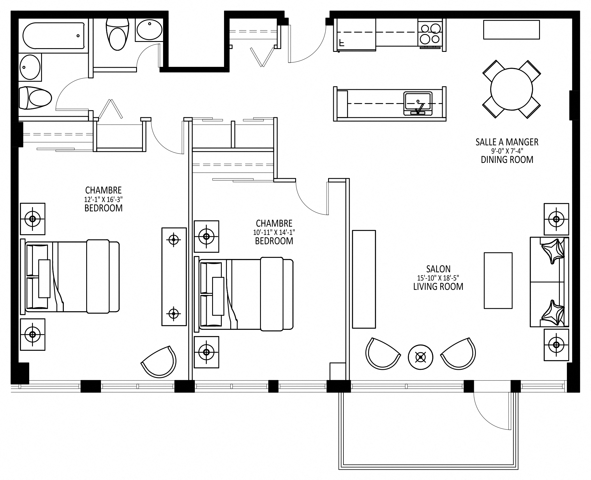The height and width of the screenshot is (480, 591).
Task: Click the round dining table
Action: point(511,89)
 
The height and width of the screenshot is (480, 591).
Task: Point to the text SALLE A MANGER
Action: point(507,142)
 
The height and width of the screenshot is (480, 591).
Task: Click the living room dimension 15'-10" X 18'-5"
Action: point(438,278)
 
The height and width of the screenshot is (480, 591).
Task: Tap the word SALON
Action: point(438,269)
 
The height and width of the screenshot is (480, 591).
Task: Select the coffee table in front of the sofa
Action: point(498,280)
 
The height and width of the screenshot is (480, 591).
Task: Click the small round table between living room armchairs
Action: point(420,357)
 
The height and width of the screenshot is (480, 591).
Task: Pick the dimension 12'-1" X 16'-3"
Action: point(103,199)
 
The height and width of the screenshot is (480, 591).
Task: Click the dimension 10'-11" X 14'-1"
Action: point(274,232)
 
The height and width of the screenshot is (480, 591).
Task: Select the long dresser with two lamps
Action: point(174,277)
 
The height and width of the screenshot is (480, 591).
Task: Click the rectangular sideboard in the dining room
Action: point(511,29)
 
